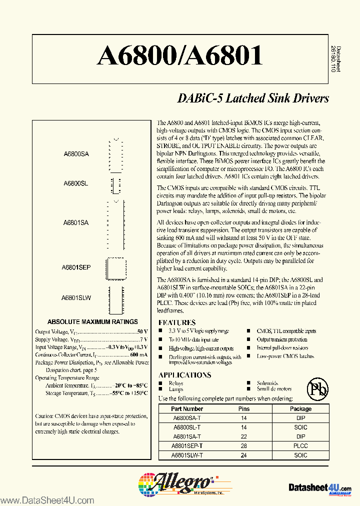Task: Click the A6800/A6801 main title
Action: point(179,56)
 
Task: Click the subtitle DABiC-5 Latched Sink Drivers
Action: point(253,98)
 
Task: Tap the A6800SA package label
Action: point(76,154)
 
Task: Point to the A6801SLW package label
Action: point(76,297)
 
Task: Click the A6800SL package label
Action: point(76,184)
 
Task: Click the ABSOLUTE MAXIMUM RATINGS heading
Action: point(92,321)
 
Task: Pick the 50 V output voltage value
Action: point(142,331)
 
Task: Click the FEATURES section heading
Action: point(177,322)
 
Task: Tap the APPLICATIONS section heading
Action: point(184,375)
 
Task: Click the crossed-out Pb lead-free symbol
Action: point(317,388)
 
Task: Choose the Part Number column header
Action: point(187,408)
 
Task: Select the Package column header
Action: point(300,408)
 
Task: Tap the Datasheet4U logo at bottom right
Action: point(320,487)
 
